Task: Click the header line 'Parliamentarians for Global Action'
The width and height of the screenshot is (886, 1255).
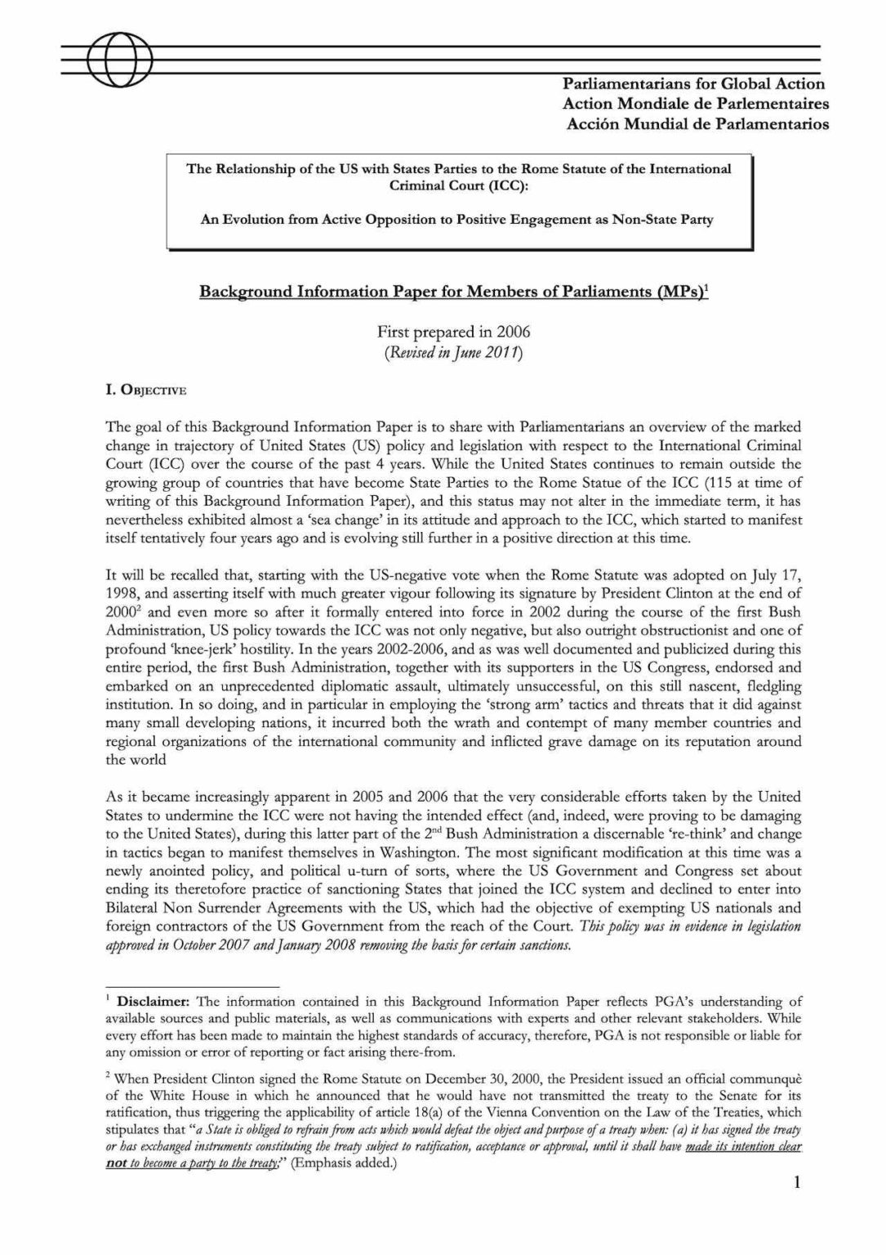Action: (x=693, y=83)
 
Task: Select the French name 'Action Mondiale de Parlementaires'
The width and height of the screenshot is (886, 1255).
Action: (x=695, y=104)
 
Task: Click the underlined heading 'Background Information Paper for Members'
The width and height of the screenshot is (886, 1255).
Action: (x=453, y=293)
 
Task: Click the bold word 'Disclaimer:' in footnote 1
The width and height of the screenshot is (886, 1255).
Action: (x=154, y=1001)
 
